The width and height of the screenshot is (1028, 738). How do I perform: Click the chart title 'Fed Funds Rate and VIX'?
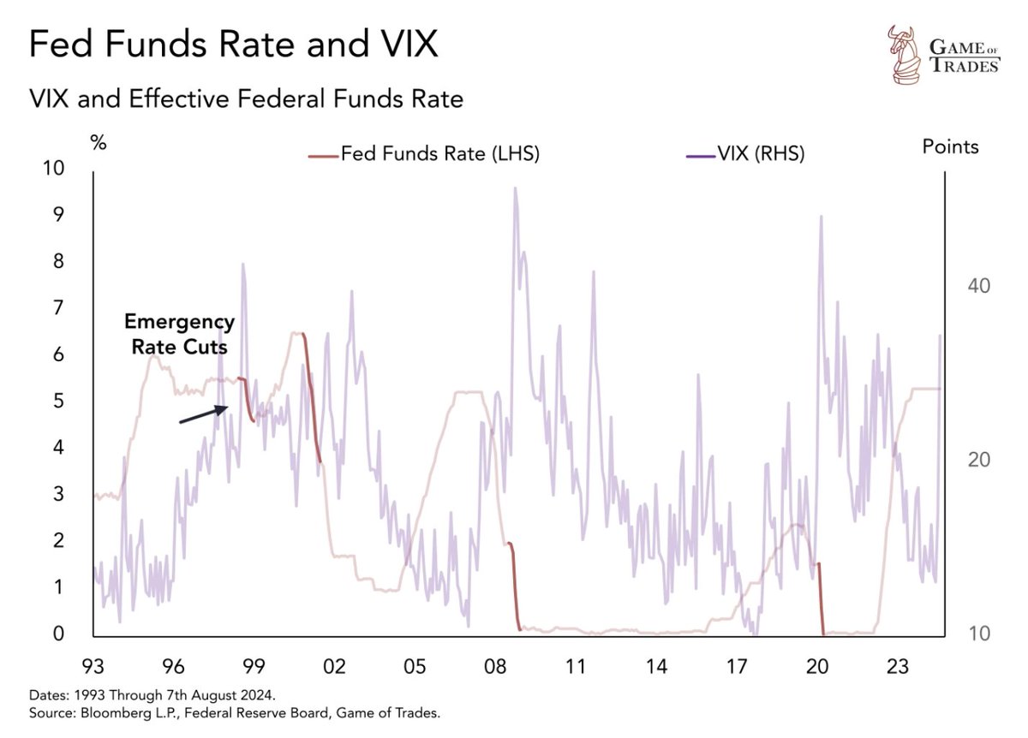233,45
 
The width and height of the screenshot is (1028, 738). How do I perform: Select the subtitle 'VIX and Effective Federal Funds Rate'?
246,99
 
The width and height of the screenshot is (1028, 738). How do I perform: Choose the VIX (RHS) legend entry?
745,154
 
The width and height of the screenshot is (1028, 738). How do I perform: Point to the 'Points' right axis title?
950,146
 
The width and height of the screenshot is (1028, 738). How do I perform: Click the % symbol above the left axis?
99,143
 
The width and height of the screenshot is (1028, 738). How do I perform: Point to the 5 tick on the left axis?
57,401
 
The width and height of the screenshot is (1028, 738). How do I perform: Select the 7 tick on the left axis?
57,307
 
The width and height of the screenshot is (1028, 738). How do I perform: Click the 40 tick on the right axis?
978,285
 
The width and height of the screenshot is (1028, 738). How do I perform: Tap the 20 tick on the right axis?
978,460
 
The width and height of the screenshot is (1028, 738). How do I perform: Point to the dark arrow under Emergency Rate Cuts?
203,414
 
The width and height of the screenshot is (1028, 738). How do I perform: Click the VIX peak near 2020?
821,217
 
